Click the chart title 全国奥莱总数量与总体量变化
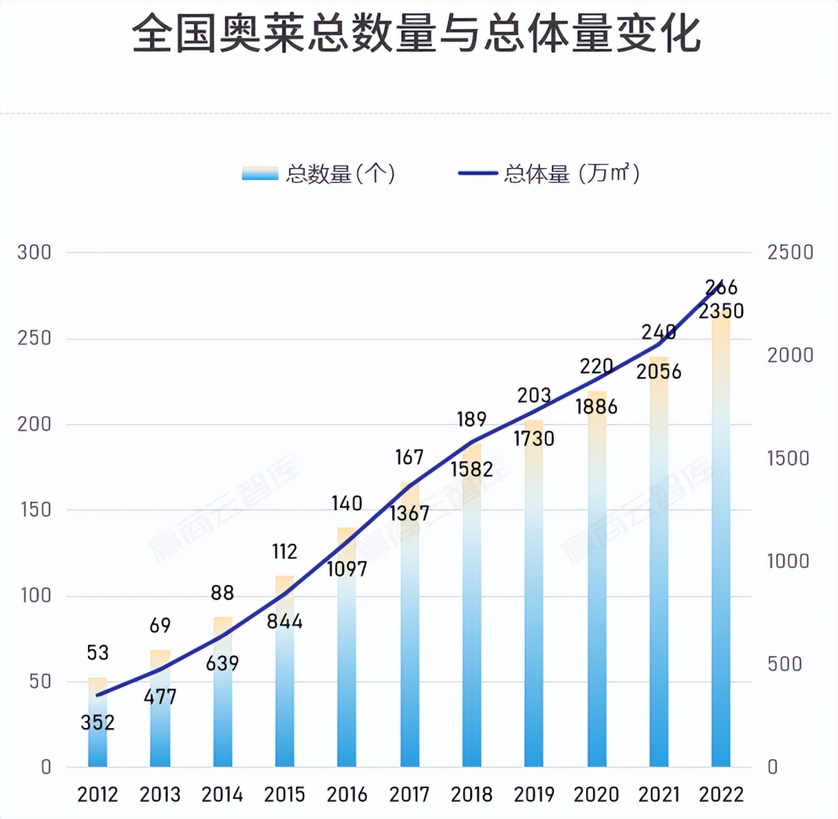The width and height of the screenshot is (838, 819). click(416, 34)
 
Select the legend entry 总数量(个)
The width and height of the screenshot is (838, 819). click(319, 173)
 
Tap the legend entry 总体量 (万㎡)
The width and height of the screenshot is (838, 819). click(550, 173)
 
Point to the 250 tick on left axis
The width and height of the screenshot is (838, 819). click(34, 338)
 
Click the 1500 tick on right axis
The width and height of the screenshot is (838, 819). click(788, 458)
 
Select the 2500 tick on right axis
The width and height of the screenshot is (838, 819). click(791, 253)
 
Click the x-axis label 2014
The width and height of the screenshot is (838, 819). click(222, 795)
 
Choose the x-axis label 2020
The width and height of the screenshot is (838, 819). click(597, 795)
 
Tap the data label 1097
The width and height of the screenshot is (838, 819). click(347, 569)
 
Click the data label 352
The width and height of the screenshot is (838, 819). click(98, 723)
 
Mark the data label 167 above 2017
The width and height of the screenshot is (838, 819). click(409, 458)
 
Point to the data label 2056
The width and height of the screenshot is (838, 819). click(658, 372)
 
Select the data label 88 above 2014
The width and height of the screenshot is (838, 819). click(222, 593)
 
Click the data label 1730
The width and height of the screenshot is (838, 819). click(534, 439)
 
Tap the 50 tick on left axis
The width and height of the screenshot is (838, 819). click(40, 681)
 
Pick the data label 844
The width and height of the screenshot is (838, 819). click(285, 622)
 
